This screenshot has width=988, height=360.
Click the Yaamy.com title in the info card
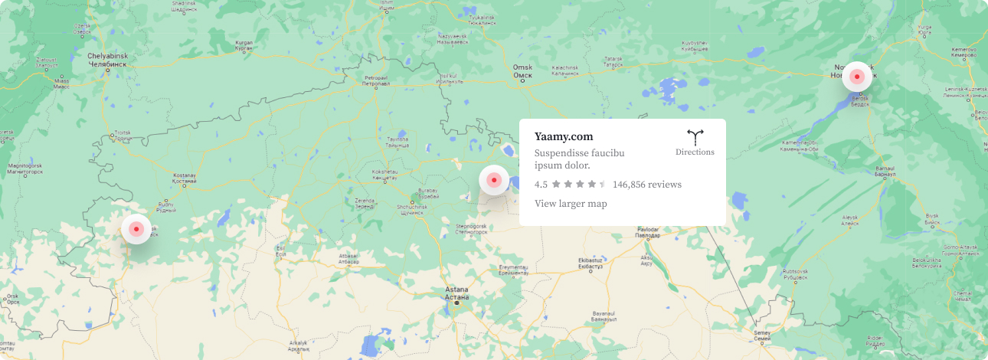564,137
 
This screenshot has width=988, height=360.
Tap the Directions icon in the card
695,137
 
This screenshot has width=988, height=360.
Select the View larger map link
571,204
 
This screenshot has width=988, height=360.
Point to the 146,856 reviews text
647,185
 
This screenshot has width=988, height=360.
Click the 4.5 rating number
541,185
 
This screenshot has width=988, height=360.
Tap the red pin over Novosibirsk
857,77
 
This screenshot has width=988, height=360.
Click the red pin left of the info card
494,181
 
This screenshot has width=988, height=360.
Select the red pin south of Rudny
136,229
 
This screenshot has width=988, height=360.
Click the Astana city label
456,293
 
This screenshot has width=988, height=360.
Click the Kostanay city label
185,178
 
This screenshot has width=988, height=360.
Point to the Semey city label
762,335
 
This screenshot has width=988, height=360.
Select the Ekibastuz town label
591,264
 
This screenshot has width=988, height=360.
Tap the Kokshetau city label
383,175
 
